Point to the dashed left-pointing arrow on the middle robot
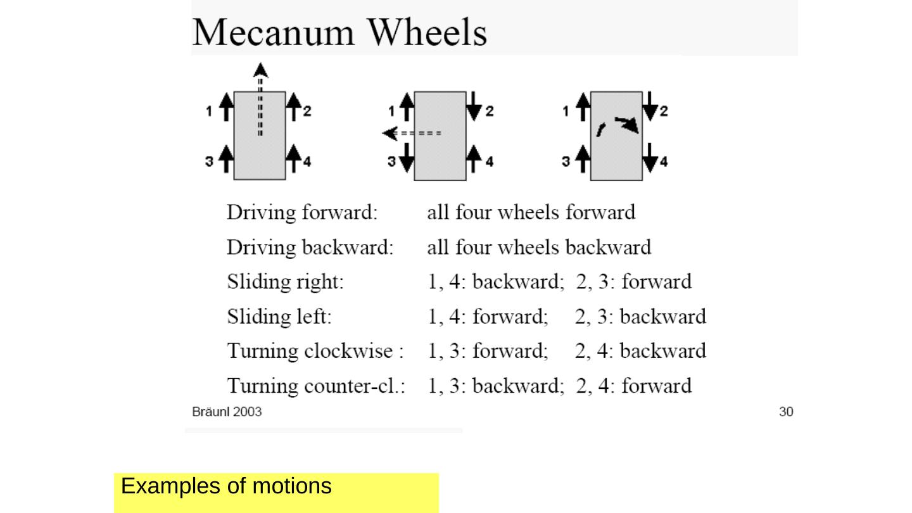point(412,134)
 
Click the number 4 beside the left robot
point(307,162)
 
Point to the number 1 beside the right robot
point(566,112)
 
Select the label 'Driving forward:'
point(302,212)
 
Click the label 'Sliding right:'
point(285,281)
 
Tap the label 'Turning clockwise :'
point(315,350)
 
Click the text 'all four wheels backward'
point(539,247)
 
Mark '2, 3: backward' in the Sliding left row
point(640,316)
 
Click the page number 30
point(785,412)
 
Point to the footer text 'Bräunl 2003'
point(227,412)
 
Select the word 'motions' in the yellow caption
point(291,486)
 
